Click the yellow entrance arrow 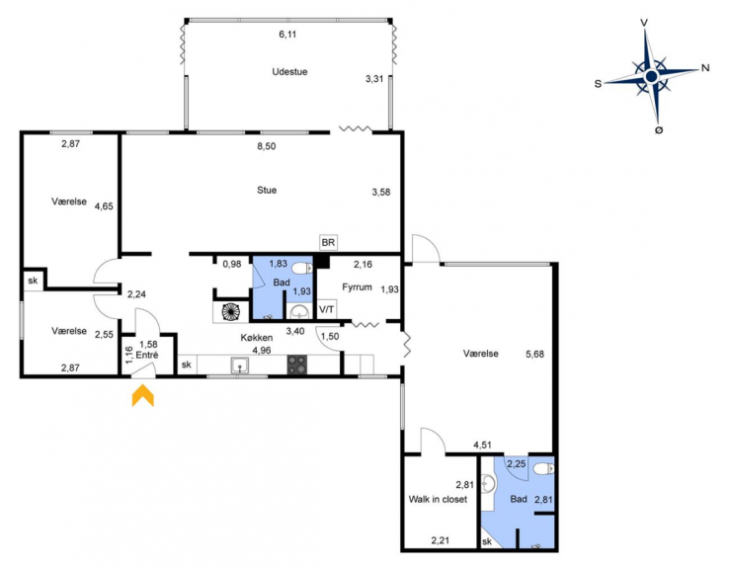point(142,395)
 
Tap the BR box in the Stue point(328,243)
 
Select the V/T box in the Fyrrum point(326,309)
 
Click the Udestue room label point(289,72)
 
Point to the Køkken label point(257,338)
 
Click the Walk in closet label point(438,499)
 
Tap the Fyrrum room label point(357,287)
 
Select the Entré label point(147,355)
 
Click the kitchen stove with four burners point(297,365)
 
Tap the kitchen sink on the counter point(240,366)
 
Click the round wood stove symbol point(230,312)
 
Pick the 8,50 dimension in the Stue point(267,146)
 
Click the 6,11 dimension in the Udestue point(287,34)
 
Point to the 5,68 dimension point(534,354)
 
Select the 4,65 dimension point(104,206)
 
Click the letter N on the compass point(705,68)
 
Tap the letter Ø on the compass point(659,130)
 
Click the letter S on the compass point(598,84)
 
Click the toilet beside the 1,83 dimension point(302,269)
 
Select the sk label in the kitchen point(186,365)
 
